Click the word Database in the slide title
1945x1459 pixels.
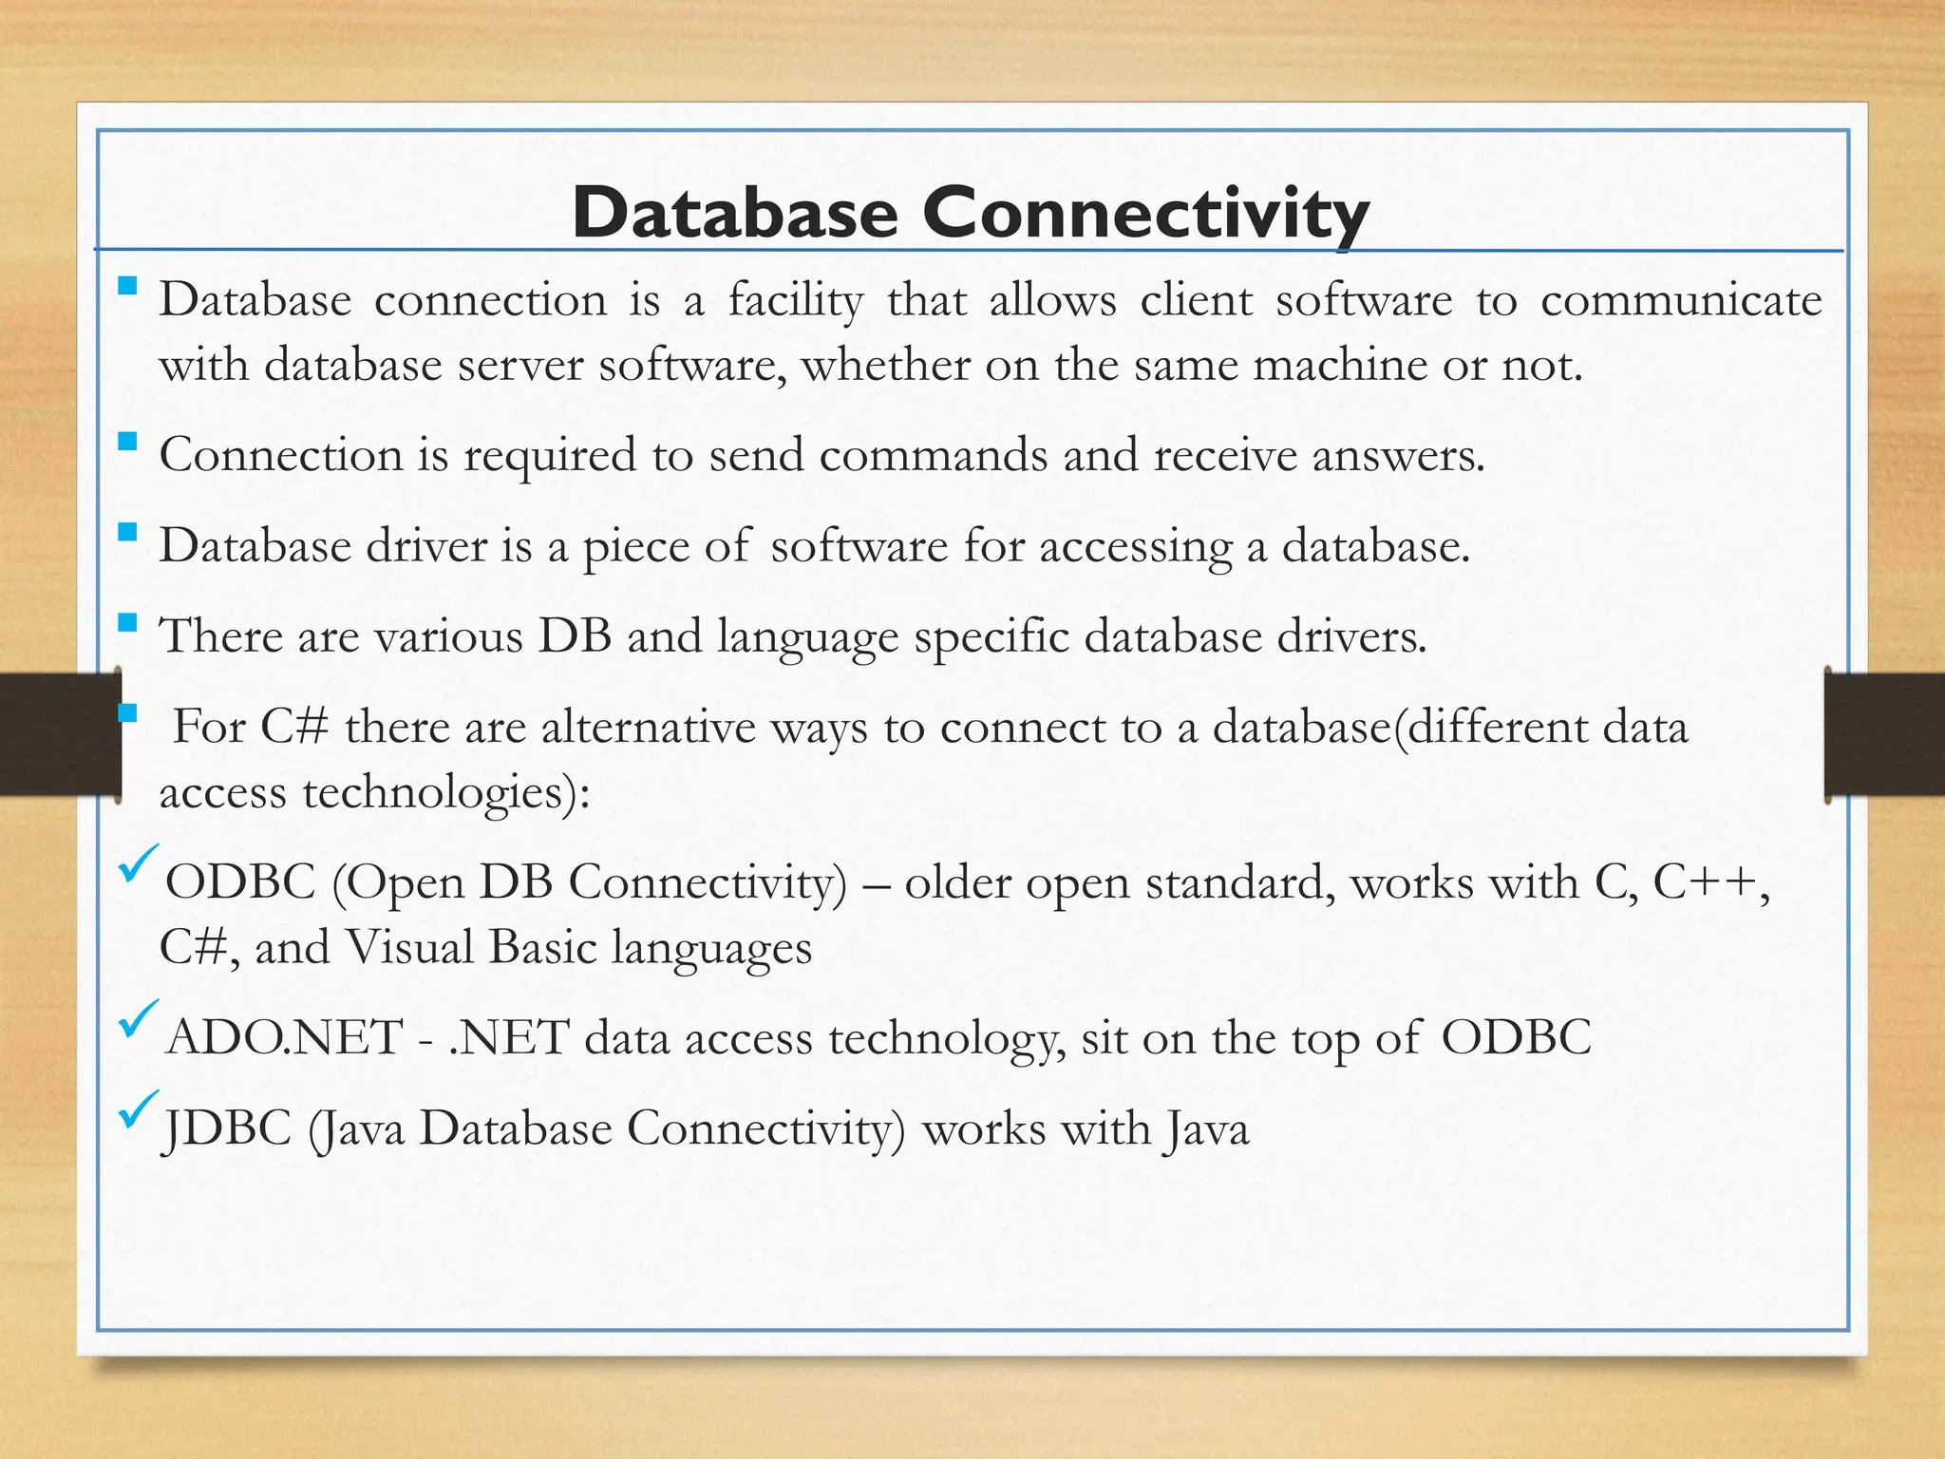click(735, 214)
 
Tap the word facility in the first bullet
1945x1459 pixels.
click(796, 301)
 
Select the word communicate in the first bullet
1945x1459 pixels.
click(1680, 301)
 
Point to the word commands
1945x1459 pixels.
click(933, 455)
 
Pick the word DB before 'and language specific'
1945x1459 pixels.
click(575, 635)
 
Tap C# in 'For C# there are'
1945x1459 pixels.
click(295, 728)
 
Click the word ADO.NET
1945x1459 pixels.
click(284, 1037)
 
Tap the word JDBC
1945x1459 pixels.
click(226, 1129)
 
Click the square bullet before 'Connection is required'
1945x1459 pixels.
click(127, 442)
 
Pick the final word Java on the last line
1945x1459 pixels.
click(1205, 1130)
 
